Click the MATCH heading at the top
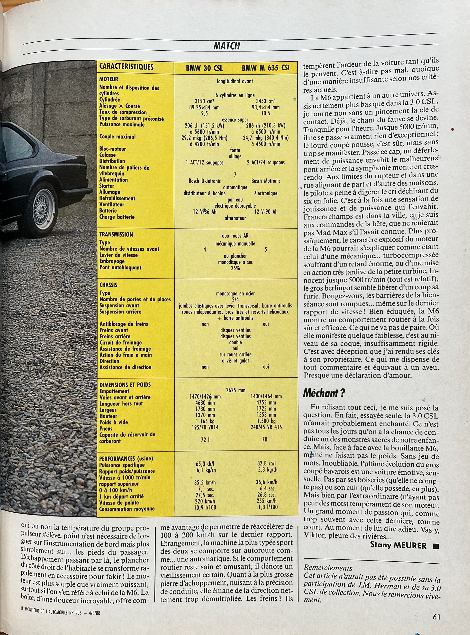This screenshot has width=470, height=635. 227,46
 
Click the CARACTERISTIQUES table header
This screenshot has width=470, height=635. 126,67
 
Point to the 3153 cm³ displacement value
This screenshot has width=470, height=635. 204,101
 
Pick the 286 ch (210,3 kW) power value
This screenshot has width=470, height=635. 266,126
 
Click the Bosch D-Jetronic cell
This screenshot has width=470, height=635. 204,181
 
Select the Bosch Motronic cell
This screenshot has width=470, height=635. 266,181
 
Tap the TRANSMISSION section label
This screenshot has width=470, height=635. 116,235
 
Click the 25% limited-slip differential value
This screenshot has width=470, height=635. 235,268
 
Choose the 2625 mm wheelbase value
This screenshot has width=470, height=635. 235,390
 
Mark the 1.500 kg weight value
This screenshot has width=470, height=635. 266,421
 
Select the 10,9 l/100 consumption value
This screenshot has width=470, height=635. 205,507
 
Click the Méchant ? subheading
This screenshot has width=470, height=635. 324,393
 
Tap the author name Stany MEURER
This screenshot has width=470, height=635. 398,545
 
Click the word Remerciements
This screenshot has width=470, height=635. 328,568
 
